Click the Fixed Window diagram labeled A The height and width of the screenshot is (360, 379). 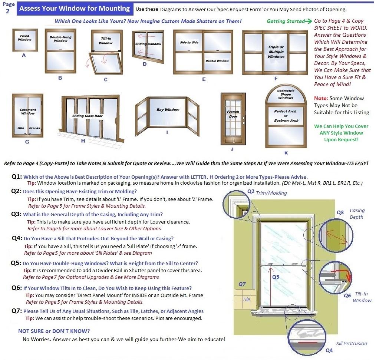(x=25, y=40)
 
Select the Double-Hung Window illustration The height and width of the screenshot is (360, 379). (x=60, y=51)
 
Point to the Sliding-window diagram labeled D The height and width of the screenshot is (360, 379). (x=148, y=47)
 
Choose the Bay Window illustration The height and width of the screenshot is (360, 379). (x=167, y=116)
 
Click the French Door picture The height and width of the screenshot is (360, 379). (x=233, y=119)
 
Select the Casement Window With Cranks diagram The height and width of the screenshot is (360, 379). (x=27, y=116)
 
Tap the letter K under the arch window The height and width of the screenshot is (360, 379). (x=286, y=153)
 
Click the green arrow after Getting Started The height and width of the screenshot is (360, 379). (x=309, y=21)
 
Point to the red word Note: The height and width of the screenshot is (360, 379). (x=321, y=98)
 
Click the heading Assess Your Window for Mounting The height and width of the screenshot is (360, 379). (x=75, y=9)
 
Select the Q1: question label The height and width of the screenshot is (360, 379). (x=17, y=176)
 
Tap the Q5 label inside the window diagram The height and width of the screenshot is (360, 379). (x=276, y=277)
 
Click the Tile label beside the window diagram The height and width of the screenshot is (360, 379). (x=246, y=299)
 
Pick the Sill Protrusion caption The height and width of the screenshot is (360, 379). (x=352, y=343)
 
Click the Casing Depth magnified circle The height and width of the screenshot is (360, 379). (x=336, y=235)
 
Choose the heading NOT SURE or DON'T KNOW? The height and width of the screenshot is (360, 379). (x=54, y=331)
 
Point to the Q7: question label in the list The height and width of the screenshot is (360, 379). (x=17, y=311)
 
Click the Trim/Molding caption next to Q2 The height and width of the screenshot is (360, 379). (x=271, y=193)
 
